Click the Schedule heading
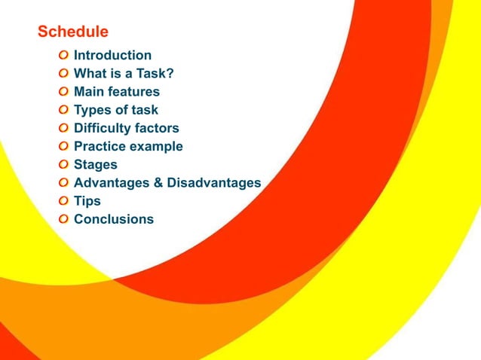[x=73, y=32]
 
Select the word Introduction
[x=112, y=55]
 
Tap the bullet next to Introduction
[x=64, y=55]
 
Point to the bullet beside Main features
[x=64, y=92]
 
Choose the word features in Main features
[x=135, y=92]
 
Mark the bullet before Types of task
[x=64, y=110]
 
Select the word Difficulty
[x=101, y=128]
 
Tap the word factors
[x=156, y=128]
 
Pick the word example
[x=155, y=147]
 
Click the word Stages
[x=96, y=164]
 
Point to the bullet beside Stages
[x=64, y=164]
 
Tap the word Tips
[x=87, y=201]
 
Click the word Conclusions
[x=114, y=219]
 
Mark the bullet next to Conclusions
[x=64, y=219]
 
